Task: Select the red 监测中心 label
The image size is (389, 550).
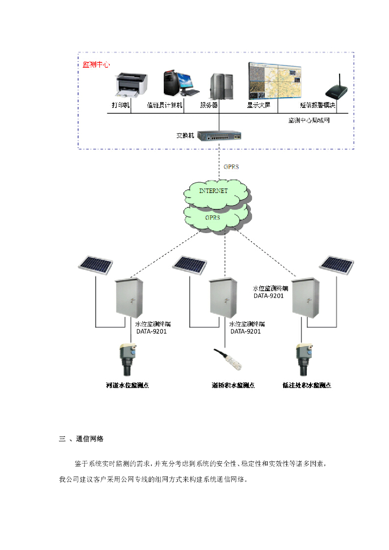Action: pyautogui.click(x=96, y=64)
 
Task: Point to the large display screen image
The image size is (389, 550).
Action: pyautogui.click(x=275, y=81)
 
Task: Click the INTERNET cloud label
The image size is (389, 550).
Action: pyautogui.click(x=213, y=191)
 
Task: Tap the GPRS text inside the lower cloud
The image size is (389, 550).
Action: pyautogui.click(x=213, y=218)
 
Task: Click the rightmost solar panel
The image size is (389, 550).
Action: pyautogui.click(x=337, y=263)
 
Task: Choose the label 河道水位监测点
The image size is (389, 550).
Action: pyautogui.click(x=127, y=385)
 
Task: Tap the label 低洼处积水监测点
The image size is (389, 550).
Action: pyautogui.click(x=307, y=385)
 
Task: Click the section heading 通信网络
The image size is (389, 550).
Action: pyautogui.click(x=90, y=439)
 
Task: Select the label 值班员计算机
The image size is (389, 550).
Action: pyautogui.click(x=165, y=106)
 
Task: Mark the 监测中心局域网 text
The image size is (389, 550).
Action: pyautogui.click(x=309, y=120)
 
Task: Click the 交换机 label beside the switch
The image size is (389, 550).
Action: pyautogui.click(x=185, y=136)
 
